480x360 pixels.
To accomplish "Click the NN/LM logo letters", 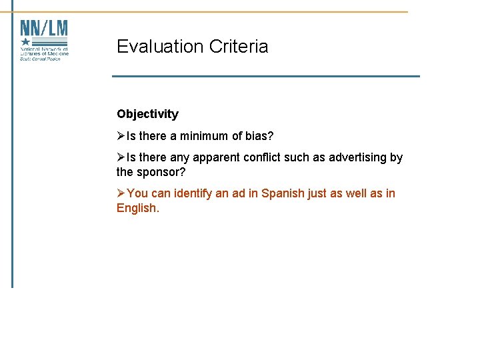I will [44, 29].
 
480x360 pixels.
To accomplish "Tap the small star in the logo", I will [26, 41].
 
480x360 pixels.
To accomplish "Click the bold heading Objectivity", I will [147, 114].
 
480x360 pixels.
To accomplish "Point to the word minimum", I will [203, 136].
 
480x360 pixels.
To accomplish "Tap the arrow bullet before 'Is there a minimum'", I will [121, 136].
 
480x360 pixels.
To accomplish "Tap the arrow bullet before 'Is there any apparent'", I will [121, 157].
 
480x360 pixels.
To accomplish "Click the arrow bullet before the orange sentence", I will [121, 193].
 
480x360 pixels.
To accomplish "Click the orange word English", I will [137, 208].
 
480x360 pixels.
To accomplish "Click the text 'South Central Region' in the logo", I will [40, 59].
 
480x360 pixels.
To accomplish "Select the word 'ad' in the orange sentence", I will [238, 193].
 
